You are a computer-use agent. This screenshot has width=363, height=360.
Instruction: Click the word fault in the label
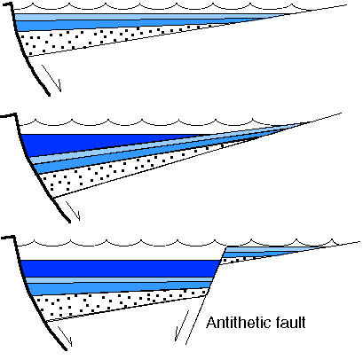[x=290, y=322]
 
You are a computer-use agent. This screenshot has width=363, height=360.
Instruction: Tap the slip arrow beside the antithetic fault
[x=182, y=325]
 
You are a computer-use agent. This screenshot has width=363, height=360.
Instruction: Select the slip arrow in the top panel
[x=51, y=78]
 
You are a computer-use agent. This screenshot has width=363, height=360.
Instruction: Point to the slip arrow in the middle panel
[x=73, y=210]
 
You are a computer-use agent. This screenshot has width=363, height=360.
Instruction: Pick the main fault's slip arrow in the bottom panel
[x=65, y=336]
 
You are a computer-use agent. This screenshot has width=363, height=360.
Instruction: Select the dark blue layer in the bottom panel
[x=118, y=269]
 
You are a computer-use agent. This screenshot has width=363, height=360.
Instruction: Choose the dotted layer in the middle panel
[x=118, y=171]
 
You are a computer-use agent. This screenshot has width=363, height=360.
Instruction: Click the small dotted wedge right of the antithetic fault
[x=237, y=260]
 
